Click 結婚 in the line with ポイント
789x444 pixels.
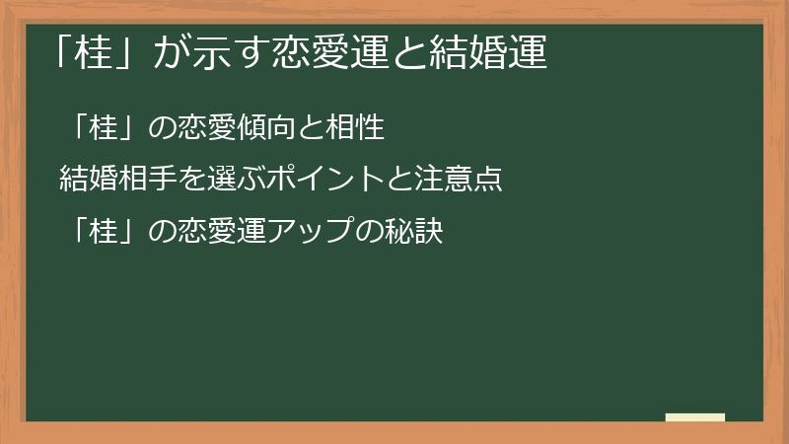pyautogui.click(x=86, y=180)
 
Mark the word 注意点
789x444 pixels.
pyautogui.click(x=466, y=180)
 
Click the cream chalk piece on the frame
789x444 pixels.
pyautogui.click(x=695, y=417)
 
